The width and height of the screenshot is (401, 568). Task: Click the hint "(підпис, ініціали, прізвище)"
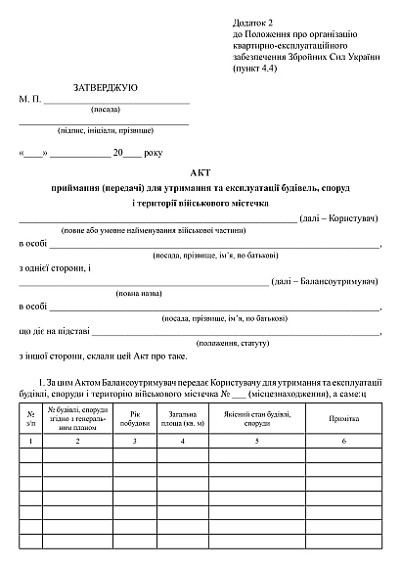[x=106, y=129]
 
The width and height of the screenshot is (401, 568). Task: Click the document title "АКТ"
[x=200, y=172]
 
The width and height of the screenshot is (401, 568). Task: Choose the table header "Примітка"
[x=342, y=418]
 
